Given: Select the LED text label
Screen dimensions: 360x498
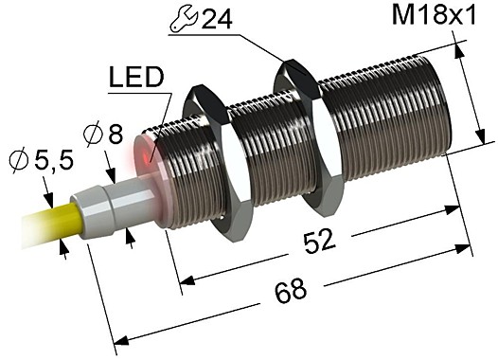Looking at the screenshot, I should coord(135,75).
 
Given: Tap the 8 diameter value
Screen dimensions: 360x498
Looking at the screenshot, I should coord(116,135).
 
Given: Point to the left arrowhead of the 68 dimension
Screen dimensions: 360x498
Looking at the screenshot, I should coord(121,341).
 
